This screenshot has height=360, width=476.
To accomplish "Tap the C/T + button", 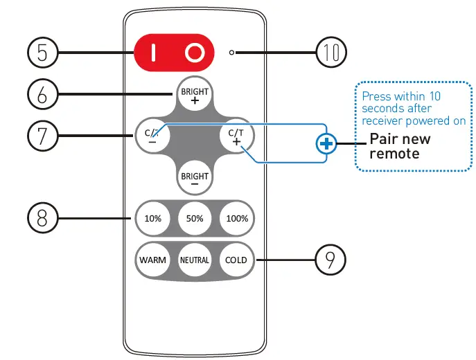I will [236, 137].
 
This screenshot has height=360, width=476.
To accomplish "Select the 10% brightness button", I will [152, 218].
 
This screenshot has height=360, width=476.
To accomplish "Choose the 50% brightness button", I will [195, 218].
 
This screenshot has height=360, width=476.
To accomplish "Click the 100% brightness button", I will [237, 218].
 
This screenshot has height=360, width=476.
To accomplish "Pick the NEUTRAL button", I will [195, 260].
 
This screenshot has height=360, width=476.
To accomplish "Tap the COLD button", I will [237, 260].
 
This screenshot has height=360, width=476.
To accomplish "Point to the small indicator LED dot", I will [233, 53].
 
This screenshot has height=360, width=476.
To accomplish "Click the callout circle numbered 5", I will [43, 53].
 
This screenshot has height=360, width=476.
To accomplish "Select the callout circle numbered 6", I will [43, 94].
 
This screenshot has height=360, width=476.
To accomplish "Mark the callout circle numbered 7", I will [43, 136].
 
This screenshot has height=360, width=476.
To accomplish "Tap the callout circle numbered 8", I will [43, 218].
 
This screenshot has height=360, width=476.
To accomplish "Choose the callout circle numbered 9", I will [330, 260].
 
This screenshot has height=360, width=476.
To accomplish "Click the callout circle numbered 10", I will [330, 53].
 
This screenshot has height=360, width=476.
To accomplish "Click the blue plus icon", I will [326, 144].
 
